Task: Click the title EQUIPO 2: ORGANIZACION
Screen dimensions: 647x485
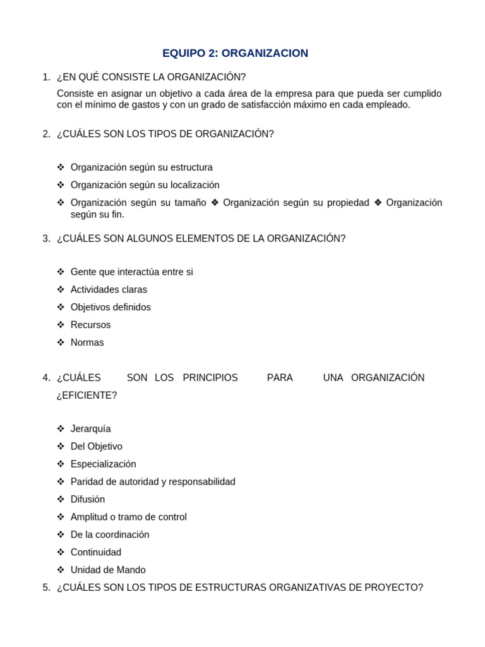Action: click(235, 53)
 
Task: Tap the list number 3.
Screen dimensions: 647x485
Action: click(46, 238)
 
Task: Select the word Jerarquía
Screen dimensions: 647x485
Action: click(90, 428)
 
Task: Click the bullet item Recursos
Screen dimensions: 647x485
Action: click(90, 325)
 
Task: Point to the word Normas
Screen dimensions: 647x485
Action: click(87, 342)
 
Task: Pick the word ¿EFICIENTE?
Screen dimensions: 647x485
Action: click(87, 396)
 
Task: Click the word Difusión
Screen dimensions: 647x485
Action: click(88, 499)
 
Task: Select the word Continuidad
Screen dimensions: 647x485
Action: click(96, 552)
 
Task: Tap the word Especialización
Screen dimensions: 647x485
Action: click(103, 464)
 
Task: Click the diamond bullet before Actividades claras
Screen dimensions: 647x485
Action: click(61, 289)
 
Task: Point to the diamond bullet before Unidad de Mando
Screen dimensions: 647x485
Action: click(61, 570)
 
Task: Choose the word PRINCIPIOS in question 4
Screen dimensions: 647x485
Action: click(210, 378)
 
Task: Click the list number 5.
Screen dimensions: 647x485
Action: click(46, 588)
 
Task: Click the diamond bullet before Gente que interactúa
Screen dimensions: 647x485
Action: click(61, 272)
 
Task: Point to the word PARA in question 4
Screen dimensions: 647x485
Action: click(280, 378)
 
